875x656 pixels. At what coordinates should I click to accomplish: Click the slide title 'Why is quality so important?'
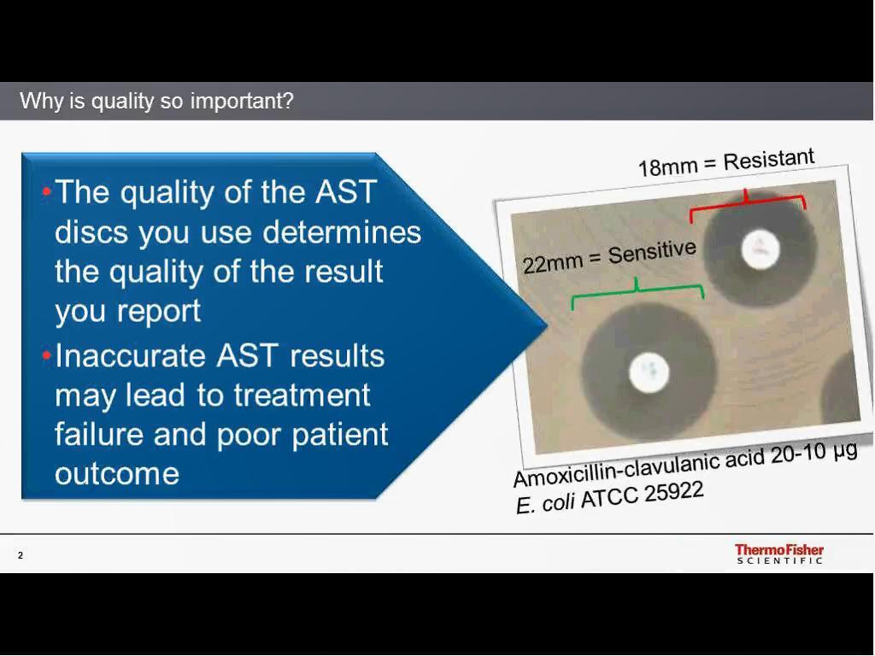coord(156,101)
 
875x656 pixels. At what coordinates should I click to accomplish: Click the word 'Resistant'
coord(769,160)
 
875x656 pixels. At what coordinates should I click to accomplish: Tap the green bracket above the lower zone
coord(637,292)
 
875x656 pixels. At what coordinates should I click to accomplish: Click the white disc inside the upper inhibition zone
coord(760,249)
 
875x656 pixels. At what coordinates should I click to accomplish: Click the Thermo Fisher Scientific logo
coord(779,553)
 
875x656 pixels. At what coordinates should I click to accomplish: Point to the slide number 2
coord(21,555)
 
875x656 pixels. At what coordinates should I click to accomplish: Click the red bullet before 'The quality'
coord(47,192)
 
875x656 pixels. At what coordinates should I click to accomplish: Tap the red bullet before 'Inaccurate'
coord(47,355)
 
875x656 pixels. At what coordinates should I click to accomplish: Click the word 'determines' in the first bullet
coord(342,232)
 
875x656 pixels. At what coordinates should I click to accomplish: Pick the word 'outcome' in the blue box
coord(117,474)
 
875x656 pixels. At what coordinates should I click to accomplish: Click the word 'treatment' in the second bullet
coord(302,395)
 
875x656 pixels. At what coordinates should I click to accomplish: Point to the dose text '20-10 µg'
coord(814,454)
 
